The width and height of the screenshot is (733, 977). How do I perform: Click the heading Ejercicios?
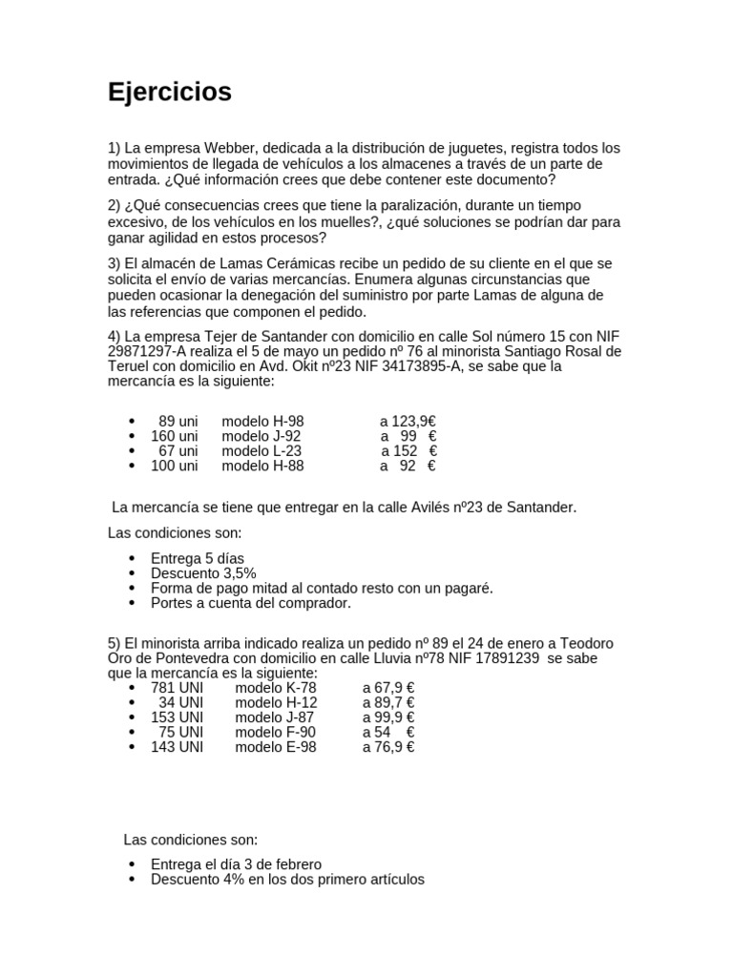[169, 93]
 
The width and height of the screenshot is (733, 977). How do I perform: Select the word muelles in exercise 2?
[382, 221]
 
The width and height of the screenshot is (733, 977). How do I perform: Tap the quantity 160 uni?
[175, 436]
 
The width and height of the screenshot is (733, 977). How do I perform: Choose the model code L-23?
[281, 451]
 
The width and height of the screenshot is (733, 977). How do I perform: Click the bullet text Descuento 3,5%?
[203, 573]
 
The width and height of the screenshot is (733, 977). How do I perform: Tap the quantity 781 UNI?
[178, 688]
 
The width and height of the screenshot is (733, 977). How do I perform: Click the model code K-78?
[295, 688]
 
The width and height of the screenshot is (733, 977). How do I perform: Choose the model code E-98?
[295, 747]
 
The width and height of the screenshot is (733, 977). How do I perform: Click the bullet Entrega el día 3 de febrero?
[236, 864]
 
